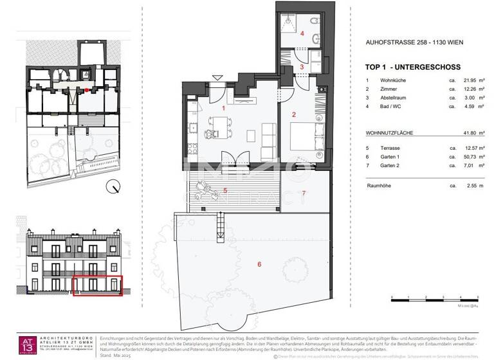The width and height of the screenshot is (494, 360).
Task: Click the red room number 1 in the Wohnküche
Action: coord(223,108)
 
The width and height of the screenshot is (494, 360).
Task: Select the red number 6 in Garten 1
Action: coord(259,264)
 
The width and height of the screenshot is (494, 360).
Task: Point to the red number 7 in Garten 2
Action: coord(304,193)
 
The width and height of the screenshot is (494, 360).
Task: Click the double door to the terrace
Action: coord(230,158)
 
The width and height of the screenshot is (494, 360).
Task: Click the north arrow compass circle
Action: coord(114,188)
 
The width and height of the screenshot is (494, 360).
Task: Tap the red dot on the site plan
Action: coord(87,91)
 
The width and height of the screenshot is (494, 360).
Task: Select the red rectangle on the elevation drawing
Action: coord(97,285)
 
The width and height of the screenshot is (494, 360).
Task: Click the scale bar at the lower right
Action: coord(437,298)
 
